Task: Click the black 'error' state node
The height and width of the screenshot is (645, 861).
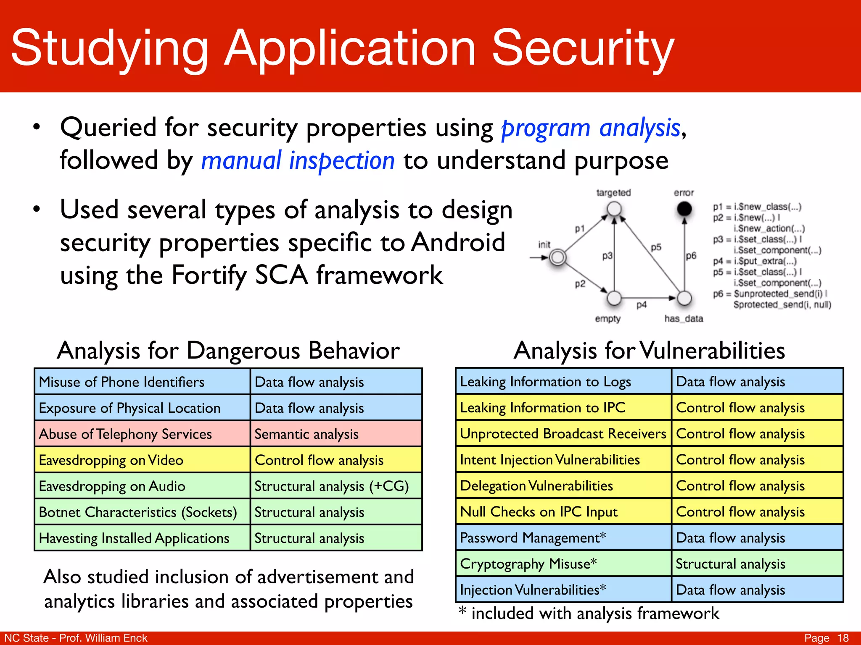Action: pyautogui.click(x=684, y=208)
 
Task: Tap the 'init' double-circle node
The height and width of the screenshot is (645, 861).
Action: pyautogui.click(x=558, y=257)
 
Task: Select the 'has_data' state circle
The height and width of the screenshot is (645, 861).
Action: pyautogui.click(x=684, y=298)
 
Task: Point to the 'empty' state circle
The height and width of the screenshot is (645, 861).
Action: pyautogui.click(x=614, y=298)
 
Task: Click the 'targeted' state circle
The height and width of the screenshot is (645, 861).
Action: pyautogui.click(x=614, y=208)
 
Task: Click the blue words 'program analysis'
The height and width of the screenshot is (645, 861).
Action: pyautogui.click(x=591, y=128)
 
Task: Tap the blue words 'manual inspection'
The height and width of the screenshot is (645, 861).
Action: pyautogui.click(x=298, y=161)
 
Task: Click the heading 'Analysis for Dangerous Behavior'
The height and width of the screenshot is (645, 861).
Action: pyautogui.click(x=228, y=350)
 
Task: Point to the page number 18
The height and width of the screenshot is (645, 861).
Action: pyautogui.click(x=843, y=638)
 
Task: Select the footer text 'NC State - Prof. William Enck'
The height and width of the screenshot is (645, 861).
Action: pyautogui.click(x=76, y=638)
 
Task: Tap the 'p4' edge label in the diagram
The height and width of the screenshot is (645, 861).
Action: pyautogui.click(x=642, y=305)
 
